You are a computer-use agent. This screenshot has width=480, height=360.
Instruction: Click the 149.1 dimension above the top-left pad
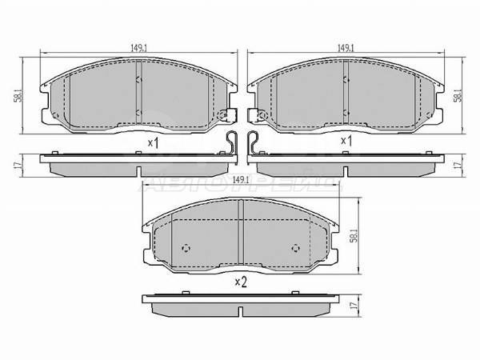point(138,47)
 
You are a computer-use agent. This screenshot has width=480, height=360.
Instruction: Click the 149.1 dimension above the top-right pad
point(346,47)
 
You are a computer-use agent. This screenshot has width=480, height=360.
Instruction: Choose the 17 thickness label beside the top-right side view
point(458,165)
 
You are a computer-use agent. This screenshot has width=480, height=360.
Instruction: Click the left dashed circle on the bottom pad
point(186,246)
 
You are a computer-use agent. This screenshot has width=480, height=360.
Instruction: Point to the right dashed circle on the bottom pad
point(297,246)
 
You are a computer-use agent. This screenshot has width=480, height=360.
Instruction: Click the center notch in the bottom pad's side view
point(241,307)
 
